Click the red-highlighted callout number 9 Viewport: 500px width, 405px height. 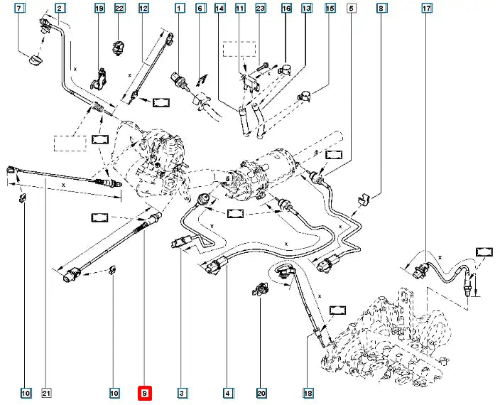point(144,393)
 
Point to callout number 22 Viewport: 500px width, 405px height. point(119,9)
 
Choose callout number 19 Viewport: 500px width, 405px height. point(99,9)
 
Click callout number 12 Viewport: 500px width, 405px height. point(143,9)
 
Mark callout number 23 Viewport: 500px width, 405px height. point(260,9)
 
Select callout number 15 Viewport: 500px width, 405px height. point(330,9)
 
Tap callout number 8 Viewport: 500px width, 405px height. point(382,9)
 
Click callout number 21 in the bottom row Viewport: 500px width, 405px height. point(47,393)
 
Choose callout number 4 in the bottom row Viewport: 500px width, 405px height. point(228,393)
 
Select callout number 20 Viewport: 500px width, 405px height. point(261,393)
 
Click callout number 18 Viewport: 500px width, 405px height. point(308,393)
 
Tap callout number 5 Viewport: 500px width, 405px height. point(352,9)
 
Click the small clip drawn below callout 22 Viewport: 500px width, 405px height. point(118,48)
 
